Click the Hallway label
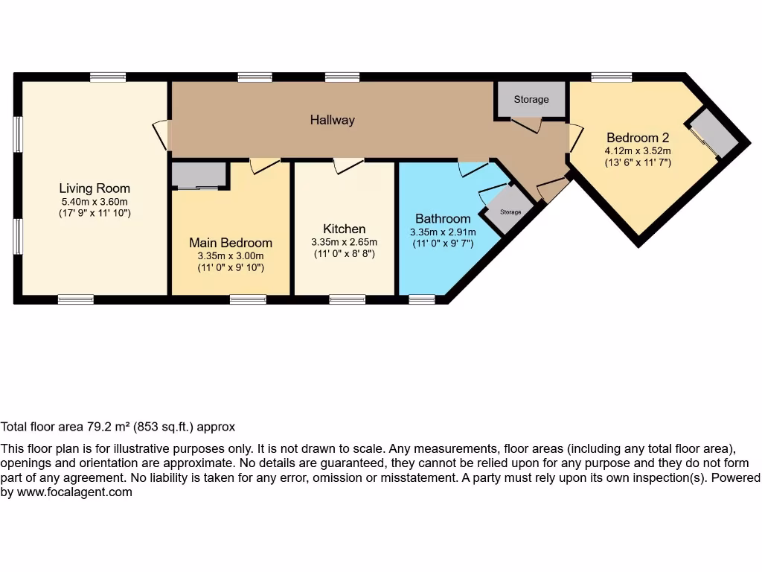click(x=332, y=120)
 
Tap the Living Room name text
click(x=95, y=188)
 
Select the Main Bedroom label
click(x=230, y=243)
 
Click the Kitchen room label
click(x=344, y=229)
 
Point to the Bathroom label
click(x=443, y=219)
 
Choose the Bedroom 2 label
click(x=638, y=138)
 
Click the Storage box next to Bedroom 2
click(x=531, y=100)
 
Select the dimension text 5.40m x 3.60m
click(x=95, y=202)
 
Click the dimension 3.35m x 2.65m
click(x=344, y=242)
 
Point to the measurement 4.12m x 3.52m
click(x=638, y=150)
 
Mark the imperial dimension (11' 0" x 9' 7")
click(x=443, y=244)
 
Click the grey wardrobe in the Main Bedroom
click(x=199, y=176)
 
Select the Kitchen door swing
click(x=348, y=165)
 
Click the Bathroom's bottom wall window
click(x=422, y=299)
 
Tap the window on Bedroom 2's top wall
click(x=611, y=77)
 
